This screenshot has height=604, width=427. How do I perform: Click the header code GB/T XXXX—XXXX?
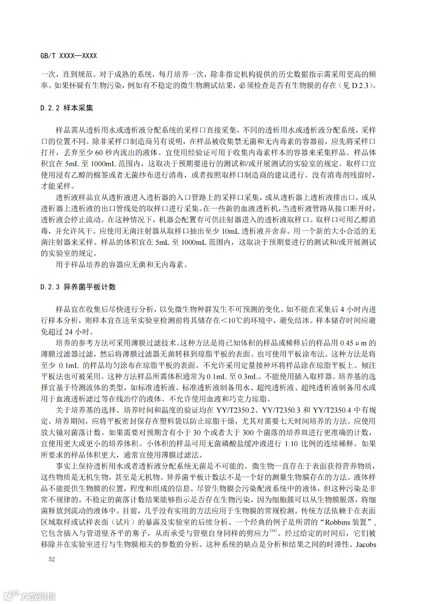click(68, 56)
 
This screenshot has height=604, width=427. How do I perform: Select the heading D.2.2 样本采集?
click(67, 108)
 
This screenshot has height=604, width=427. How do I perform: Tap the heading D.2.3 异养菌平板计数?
click(78, 287)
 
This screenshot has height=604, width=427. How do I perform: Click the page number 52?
click(51, 559)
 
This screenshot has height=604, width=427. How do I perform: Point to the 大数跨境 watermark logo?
click(30, 595)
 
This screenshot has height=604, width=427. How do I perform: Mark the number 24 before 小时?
click(69, 331)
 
